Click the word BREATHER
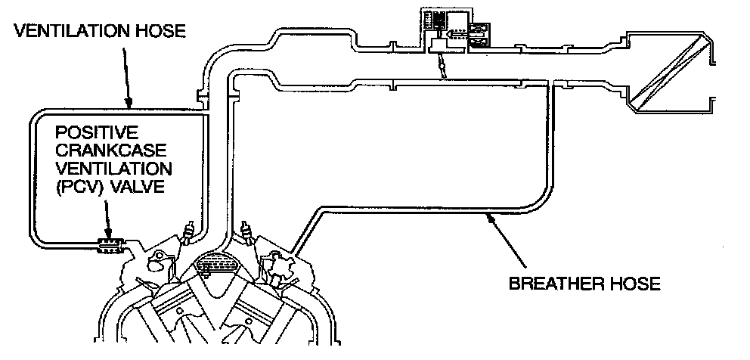pyautogui.click(x=550, y=284)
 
